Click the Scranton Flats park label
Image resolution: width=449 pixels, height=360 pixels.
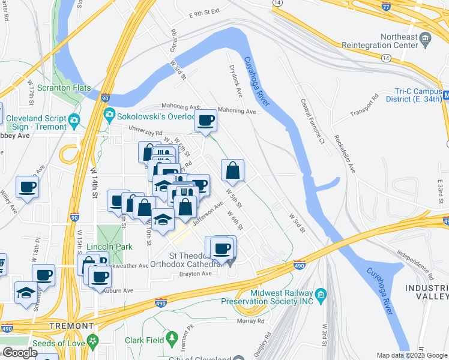point(64,88)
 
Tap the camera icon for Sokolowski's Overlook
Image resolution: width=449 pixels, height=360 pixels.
point(110,114)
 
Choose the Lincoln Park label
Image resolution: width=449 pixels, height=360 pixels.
point(109,247)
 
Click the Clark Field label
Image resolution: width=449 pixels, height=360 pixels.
point(145,340)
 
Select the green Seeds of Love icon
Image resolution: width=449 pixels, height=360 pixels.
point(92,341)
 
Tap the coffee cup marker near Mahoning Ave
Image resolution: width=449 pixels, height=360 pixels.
point(205,121)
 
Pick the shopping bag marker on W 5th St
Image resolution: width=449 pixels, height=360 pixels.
point(233,170)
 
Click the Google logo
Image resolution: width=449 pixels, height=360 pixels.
point(19,353)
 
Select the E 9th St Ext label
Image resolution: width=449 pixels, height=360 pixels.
point(205,13)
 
